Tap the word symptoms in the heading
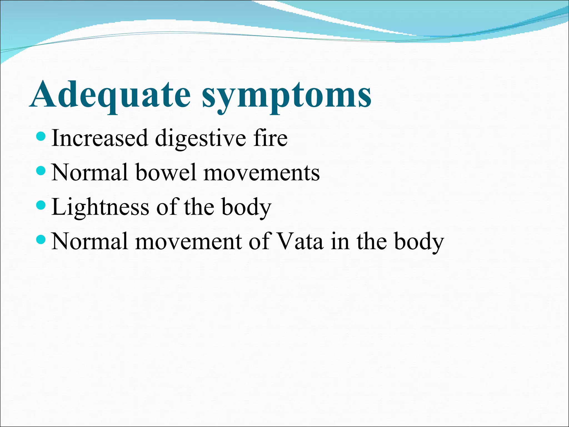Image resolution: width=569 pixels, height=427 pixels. [x=286, y=96]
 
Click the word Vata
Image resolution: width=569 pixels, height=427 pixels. [x=300, y=241]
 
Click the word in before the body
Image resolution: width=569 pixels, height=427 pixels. [x=340, y=241]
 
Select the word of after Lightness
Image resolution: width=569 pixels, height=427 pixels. [x=166, y=207]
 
